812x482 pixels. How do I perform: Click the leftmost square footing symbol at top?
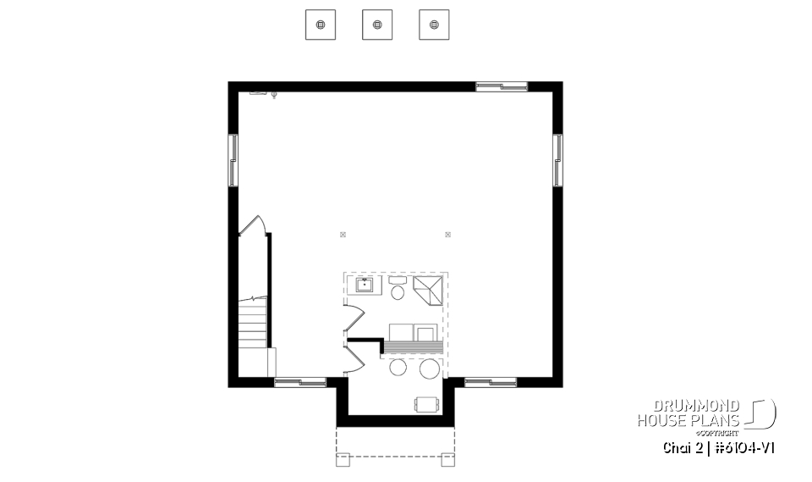(x=321, y=25)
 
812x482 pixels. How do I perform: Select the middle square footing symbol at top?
(x=377, y=25)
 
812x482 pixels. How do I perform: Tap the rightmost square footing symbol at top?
(x=434, y=25)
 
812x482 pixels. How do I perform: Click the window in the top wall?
(x=502, y=86)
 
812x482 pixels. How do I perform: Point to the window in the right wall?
(x=557, y=160)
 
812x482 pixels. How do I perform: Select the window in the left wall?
(x=233, y=160)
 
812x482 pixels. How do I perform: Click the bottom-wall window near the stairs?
(x=300, y=382)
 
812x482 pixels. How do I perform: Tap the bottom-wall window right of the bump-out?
(x=491, y=382)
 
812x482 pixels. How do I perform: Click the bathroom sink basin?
(x=365, y=284)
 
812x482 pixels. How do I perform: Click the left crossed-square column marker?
(x=343, y=234)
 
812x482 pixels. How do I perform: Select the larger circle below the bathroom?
(x=430, y=368)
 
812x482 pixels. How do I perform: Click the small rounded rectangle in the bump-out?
(x=426, y=404)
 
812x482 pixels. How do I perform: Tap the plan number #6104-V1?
(x=743, y=447)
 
